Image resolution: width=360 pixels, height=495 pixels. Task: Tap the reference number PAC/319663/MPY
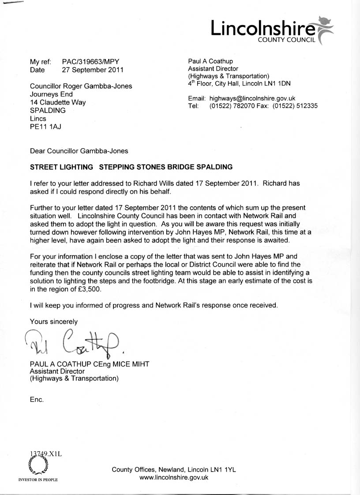[90, 61]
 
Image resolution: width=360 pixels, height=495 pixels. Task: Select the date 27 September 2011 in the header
[93, 70]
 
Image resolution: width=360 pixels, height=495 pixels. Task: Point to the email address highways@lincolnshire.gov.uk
[252, 98]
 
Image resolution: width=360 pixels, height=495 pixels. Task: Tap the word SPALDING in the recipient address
[48, 110]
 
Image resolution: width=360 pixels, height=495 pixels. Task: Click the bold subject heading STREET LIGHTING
[61, 167]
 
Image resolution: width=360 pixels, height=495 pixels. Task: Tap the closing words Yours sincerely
[53, 321]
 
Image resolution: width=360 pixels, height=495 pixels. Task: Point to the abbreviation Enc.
[37, 399]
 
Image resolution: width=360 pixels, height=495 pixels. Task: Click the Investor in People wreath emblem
[37, 465]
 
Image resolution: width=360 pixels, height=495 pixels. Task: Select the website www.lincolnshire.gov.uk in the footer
[174, 477]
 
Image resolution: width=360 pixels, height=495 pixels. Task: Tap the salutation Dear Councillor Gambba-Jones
[79, 151]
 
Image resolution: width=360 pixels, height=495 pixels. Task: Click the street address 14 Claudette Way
[58, 102]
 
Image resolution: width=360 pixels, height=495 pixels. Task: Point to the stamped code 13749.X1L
[46, 453]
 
